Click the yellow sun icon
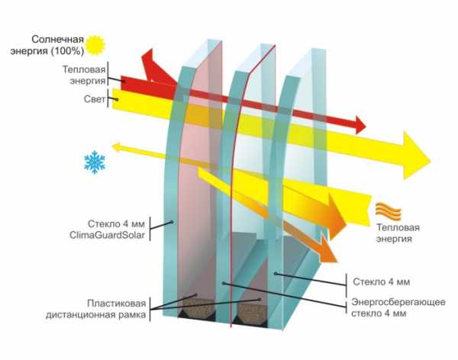pos(95,45)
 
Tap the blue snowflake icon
pos(95,162)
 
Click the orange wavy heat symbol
pos(389,211)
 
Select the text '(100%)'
pos(67,51)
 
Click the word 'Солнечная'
pos(53,39)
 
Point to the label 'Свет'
pos(95,99)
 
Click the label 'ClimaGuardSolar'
pos(107,235)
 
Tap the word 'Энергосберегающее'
pos(398,302)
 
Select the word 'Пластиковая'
pos(117,304)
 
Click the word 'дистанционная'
pos(82,315)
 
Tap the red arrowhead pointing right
pos(360,124)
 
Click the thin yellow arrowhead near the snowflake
pos(117,147)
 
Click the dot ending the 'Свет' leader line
pos(117,100)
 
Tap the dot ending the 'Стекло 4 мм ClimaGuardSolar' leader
pos(172,222)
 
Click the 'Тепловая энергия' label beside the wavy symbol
pos(398,233)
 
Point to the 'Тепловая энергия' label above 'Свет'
pos(84,75)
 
